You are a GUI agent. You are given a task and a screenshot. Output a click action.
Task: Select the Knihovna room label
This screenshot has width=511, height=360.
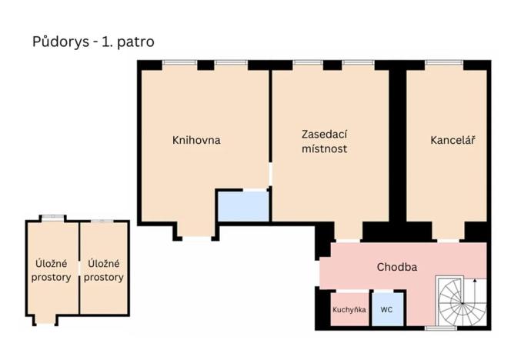196,140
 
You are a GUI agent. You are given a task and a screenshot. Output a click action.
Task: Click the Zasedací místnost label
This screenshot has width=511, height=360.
324,141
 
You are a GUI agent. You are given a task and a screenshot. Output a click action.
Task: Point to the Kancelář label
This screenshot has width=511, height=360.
453,140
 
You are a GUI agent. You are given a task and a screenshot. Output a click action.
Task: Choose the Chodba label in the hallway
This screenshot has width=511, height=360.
396,267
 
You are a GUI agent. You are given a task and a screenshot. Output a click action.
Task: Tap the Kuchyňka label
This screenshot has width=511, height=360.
349,310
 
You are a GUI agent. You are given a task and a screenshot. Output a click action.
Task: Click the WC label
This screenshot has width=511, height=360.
387,310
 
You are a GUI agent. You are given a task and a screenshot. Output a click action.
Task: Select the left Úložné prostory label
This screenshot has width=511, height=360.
52,270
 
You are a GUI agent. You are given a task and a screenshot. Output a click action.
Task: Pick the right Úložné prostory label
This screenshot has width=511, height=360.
105,270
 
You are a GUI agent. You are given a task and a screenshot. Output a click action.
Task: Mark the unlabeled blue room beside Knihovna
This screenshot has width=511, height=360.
242,205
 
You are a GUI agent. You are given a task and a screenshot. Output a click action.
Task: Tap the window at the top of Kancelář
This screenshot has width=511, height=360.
444,64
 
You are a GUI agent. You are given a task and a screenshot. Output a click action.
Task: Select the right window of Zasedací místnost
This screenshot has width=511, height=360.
358,64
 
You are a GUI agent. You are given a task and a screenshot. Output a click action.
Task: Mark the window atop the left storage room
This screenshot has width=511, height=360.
52,218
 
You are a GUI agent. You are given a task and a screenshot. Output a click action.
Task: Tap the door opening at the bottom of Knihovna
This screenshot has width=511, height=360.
195,238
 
